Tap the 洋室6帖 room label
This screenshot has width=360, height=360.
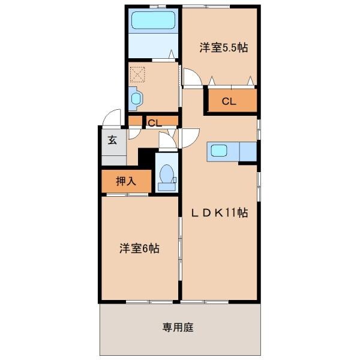(x=139, y=247)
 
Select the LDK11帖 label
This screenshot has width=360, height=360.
(x=220, y=212)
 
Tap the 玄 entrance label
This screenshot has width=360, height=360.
(x=112, y=141)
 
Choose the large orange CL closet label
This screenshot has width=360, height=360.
(x=229, y=101)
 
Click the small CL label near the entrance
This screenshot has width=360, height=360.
(x=154, y=123)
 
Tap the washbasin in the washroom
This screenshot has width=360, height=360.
(x=135, y=98)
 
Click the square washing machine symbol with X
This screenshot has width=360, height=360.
(x=139, y=74)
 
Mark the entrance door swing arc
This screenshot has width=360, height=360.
(x=111, y=118)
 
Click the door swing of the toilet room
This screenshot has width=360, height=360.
(x=166, y=141)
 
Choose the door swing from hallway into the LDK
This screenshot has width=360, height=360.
(x=187, y=137)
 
